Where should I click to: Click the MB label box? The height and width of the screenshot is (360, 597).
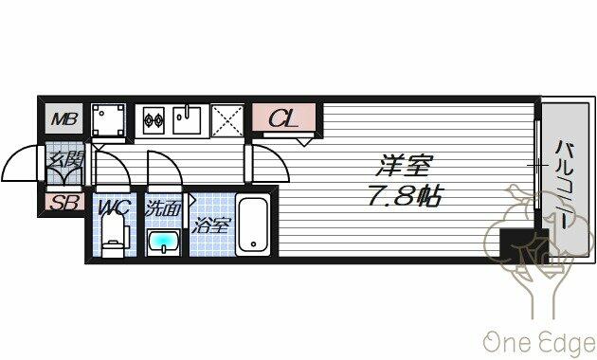[x=64, y=118]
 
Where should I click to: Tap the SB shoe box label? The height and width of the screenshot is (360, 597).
[x=64, y=202]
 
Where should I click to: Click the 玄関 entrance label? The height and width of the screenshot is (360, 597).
[x=64, y=159]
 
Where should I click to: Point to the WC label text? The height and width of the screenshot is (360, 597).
[x=114, y=207]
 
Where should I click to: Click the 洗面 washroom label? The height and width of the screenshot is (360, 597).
[x=163, y=208]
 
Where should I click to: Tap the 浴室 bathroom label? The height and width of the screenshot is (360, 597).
[x=211, y=225]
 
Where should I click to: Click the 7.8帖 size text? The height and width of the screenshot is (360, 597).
[x=404, y=195]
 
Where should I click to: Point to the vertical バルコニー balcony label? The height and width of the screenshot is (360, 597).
[x=564, y=184]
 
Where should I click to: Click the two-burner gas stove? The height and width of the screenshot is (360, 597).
[x=154, y=120]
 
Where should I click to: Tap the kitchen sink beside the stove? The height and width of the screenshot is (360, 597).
[x=187, y=120]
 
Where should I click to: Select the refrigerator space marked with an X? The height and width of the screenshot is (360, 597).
[x=227, y=120]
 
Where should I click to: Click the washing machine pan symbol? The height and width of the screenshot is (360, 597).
[x=109, y=120]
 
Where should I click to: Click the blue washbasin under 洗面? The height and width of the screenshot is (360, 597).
[x=164, y=242]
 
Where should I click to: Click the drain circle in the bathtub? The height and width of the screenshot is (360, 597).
[x=253, y=243]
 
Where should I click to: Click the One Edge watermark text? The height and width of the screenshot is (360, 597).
[x=539, y=343]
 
